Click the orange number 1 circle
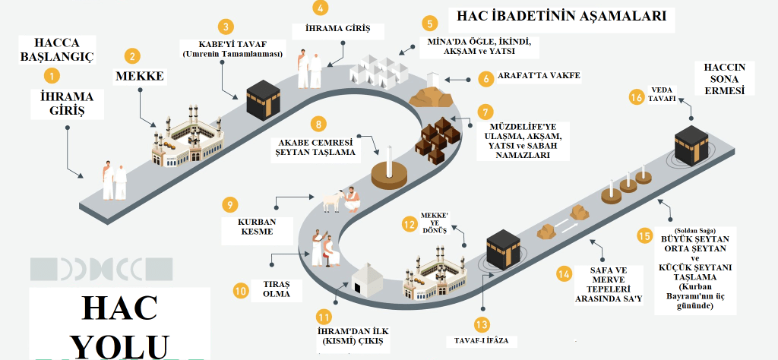pos(52,75)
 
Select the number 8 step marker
pos(320,124)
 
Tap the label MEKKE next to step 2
pos(140,76)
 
